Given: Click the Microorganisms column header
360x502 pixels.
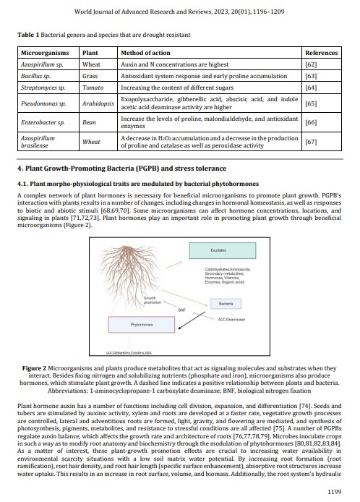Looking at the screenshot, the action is point(45,53).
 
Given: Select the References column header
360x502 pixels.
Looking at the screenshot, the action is point(321,53).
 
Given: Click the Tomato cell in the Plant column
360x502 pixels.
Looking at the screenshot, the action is point(93,88).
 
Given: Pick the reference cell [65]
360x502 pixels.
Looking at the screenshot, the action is point(311,103).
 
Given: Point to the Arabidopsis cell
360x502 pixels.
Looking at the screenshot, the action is point(98,103).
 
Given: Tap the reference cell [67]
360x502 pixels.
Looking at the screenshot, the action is point(311,142).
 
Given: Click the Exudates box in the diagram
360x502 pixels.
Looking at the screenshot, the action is point(223,250).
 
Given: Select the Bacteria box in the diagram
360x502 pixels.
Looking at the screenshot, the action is point(226,304).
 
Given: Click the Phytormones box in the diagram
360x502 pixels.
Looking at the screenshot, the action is point(142,325).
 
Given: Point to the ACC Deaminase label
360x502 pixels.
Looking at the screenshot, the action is point(231,320).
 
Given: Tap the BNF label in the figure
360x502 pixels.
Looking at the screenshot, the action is point(181,310).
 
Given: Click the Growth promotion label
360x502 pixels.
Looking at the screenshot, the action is point(152,300).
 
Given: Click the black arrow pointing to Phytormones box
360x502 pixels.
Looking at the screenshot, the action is point(192,320).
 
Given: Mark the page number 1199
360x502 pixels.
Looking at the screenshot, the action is point(335,492).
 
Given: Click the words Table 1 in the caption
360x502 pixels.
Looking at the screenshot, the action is point(28,35).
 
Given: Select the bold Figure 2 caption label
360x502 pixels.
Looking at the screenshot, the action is point(34,368).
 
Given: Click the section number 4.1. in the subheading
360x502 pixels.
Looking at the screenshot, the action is point(22,184).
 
